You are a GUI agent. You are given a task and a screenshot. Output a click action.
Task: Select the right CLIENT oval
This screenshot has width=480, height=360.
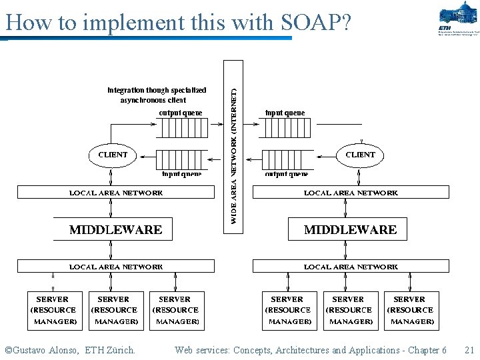pyautogui.click(x=360, y=155)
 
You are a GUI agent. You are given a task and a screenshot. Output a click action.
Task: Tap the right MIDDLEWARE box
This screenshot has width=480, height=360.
pyautogui.click(x=350, y=229)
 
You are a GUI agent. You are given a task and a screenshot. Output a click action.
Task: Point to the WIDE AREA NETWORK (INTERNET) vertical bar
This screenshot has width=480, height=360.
pyautogui.click(x=233, y=147)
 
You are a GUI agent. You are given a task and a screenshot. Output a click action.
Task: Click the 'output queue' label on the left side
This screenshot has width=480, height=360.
pyautogui.click(x=180, y=113)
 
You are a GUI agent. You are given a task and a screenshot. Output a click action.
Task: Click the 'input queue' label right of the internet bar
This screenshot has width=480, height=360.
pyautogui.click(x=285, y=113)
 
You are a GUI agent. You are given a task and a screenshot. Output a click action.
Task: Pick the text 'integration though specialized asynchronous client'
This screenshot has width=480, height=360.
pyautogui.click(x=157, y=95)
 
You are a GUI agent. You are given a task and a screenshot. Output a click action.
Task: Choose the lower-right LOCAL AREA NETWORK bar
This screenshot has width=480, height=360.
pyautogui.click(x=350, y=267)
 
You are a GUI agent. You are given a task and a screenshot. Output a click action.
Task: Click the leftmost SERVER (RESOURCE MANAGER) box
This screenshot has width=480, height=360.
pyautogui.click(x=53, y=310)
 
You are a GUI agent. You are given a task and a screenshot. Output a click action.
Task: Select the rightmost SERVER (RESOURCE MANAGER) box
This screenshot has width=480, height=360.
pyautogui.click(x=410, y=310)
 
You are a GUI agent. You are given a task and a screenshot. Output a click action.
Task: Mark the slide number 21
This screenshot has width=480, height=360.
pyautogui.click(x=469, y=350)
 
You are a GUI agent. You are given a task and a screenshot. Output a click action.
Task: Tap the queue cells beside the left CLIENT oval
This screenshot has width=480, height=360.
pyautogui.click(x=182, y=159)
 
